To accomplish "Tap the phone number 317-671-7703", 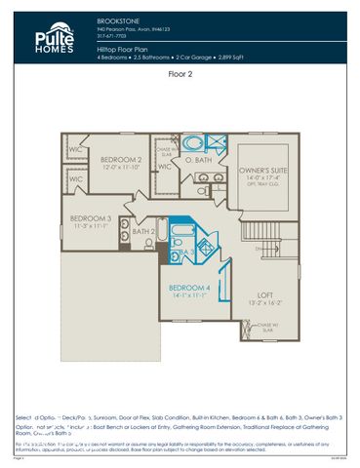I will (x=113, y=36).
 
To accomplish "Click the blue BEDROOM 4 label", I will (x=188, y=288).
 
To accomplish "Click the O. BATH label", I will (x=198, y=159).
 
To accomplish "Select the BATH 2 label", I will (x=143, y=231).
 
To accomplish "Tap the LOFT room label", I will (x=264, y=294).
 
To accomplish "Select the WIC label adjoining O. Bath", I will (x=164, y=167).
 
